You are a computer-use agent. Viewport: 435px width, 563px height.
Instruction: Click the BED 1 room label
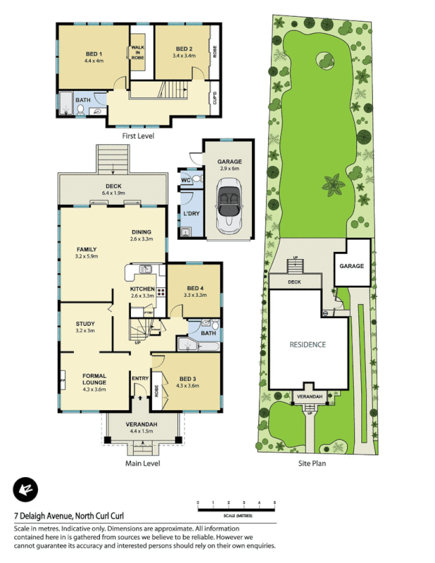pyautogui.click(x=94, y=54)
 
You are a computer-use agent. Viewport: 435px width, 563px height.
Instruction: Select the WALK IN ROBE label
pyautogui.click(x=137, y=53)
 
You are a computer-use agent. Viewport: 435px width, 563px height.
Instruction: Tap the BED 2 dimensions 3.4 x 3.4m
pyautogui.click(x=184, y=55)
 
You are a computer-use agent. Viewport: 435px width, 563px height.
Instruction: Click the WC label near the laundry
pyautogui.click(x=186, y=180)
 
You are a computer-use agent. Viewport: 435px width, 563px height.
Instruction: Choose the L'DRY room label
pyautogui.click(x=189, y=213)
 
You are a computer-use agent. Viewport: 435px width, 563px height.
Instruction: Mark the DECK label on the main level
pyautogui.click(x=113, y=186)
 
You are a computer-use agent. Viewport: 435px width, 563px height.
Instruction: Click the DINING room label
pyautogui.click(x=141, y=232)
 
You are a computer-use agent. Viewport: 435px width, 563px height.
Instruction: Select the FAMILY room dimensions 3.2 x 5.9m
pyautogui.click(x=87, y=256)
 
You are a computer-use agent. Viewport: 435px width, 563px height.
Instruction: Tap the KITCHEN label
pyautogui.click(x=142, y=289)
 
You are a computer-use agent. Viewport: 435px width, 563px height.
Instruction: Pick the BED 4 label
pyautogui.click(x=196, y=288)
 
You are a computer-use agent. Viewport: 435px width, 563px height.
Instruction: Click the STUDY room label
pyautogui.click(x=85, y=324)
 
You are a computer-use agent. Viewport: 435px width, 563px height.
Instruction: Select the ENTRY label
pyautogui.click(x=140, y=379)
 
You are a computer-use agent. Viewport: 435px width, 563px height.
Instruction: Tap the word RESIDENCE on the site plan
pyautogui.click(x=308, y=345)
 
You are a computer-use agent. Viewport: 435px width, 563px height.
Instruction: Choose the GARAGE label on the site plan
pyautogui.click(x=352, y=266)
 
